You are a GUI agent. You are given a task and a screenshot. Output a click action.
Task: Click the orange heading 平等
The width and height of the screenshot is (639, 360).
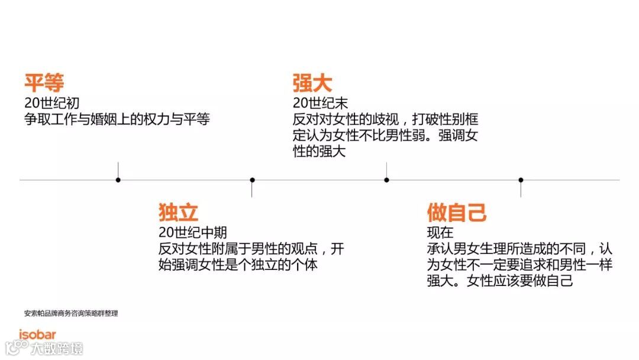click(x=44, y=83)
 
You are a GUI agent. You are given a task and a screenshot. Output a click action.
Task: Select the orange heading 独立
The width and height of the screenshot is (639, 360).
click(x=178, y=212)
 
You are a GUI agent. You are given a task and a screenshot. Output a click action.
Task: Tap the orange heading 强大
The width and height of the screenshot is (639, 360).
click(x=312, y=83)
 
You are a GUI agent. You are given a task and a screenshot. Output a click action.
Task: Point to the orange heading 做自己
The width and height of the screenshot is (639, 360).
click(x=457, y=212)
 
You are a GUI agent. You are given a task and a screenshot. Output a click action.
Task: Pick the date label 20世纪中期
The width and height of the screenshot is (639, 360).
click(x=192, y=233)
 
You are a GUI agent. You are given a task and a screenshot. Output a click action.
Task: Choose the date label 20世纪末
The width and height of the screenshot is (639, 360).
click(x=320, y=104)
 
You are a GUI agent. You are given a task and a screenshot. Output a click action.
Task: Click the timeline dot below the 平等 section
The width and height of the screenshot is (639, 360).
click(x=118, y=179)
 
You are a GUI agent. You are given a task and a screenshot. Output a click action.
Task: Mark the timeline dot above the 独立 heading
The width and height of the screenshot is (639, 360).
click(x=253, y=179)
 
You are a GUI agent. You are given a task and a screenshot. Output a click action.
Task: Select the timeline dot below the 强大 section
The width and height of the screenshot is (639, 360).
click(x=386, y=179)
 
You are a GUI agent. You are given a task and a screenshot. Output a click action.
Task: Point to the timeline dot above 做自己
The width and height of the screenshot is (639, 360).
click(x=521, y=179)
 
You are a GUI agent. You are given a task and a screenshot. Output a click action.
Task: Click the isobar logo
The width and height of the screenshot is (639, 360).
click(x=37, y=335)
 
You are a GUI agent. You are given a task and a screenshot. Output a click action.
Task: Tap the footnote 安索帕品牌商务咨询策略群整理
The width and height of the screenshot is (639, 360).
click(x=70, y=313)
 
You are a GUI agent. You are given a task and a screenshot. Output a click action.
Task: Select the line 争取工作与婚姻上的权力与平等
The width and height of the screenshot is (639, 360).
click(x=117, y=119)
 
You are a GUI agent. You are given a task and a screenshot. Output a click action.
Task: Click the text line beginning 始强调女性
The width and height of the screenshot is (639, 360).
click(x=238, y=265)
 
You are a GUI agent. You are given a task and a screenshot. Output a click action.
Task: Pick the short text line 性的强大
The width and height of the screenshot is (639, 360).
click(x=319, y=152)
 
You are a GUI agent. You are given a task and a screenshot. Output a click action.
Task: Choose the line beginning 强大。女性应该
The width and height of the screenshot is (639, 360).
click(x=500, y=281)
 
